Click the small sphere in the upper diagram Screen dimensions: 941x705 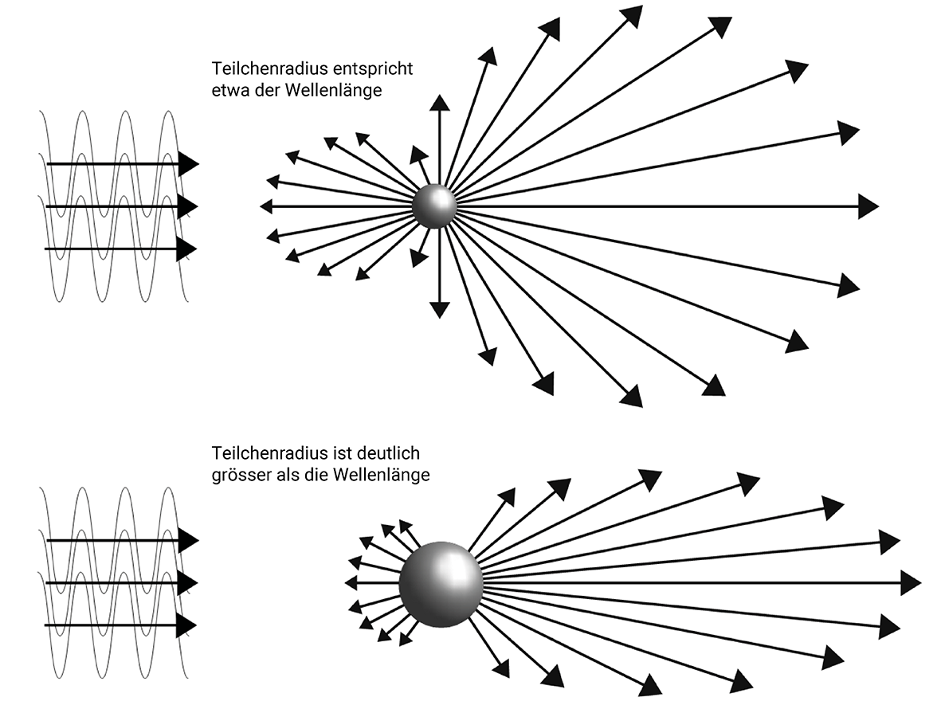point(434,206)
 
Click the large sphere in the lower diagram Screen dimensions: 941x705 point(441,585)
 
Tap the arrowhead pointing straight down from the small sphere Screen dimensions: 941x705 point(440,310)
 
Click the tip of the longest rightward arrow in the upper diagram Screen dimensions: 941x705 point(879,206)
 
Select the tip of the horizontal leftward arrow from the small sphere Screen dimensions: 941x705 point(261,206)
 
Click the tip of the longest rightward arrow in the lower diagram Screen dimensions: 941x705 point(921,583)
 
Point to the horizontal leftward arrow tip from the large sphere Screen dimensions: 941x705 point(345,582)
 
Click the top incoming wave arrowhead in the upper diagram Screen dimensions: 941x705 point(189,163)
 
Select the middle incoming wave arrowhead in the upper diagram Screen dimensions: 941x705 point(189,206)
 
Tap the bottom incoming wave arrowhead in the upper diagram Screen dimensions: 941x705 point(189,249)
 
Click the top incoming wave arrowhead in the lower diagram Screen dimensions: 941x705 point(189,540)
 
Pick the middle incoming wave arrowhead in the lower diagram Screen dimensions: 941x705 point(189,583)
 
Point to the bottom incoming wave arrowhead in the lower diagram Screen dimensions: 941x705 point(189,626)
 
